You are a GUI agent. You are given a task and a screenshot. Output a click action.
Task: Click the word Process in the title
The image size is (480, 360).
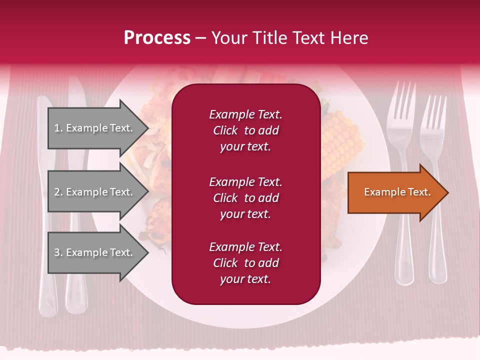157,38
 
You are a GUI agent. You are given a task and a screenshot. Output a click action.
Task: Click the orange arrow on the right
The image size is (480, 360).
397,192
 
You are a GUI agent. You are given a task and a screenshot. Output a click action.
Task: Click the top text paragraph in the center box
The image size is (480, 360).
245,130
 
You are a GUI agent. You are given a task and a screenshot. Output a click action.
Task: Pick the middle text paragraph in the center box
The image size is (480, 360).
245,198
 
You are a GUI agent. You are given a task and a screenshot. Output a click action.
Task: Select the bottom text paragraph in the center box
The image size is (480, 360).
245,263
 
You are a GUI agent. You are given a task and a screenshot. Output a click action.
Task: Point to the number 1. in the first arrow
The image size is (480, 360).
58,128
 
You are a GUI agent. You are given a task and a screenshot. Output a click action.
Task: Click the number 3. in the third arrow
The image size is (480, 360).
58,252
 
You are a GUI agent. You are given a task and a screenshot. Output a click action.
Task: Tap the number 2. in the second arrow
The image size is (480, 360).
58,192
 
